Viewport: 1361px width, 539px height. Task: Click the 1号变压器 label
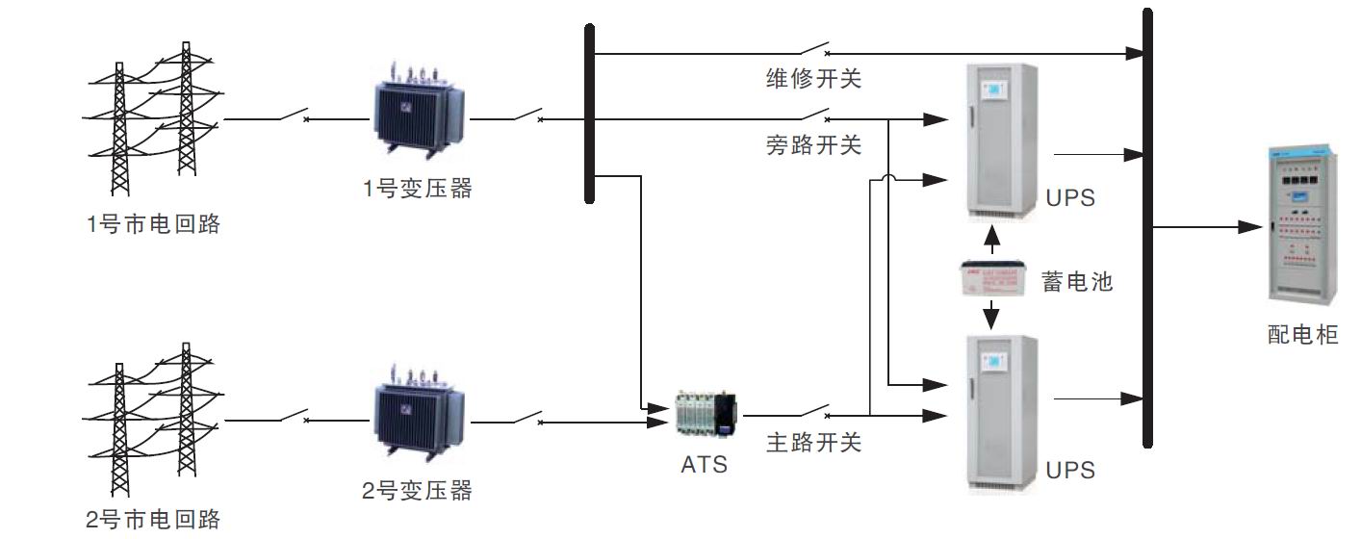point(418,190)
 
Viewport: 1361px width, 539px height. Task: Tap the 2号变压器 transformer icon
point(418,412)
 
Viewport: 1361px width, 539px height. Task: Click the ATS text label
point(704,465)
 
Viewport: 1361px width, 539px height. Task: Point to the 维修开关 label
point(813,79)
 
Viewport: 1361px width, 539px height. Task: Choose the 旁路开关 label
point(813,145)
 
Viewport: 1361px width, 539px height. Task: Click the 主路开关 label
point(813,444)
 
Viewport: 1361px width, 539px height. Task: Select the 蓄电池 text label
point(1077,282)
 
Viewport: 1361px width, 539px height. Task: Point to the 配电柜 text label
point(1302,335)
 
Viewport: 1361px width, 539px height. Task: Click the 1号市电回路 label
point(153,225)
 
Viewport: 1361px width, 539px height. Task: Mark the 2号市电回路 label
point(153,521)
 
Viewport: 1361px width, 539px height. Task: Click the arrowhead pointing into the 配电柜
point(1248,228)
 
